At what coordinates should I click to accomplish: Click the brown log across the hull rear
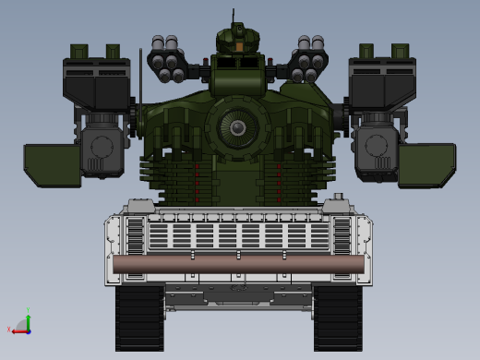[238, 264]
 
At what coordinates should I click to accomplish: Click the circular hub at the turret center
[238, 126]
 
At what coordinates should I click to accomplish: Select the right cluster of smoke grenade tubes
[309, 57]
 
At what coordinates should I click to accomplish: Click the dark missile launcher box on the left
[96, 84]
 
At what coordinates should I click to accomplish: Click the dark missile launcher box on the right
[381, 84]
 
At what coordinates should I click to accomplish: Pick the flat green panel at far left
[52, 164]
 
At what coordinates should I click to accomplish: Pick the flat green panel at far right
[426, 164]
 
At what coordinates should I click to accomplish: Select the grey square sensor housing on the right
[378, 148]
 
